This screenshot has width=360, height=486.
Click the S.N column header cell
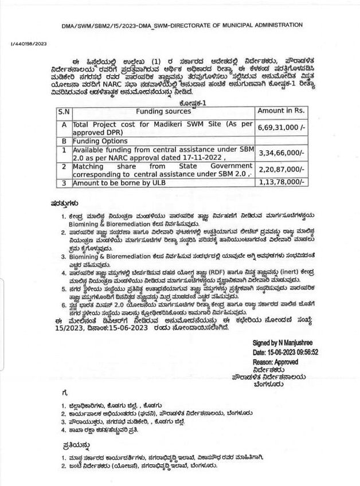click(x=64, y=111)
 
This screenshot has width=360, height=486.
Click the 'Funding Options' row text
click(x=97, y=140)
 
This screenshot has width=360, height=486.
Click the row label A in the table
click(x=64, y=124)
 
